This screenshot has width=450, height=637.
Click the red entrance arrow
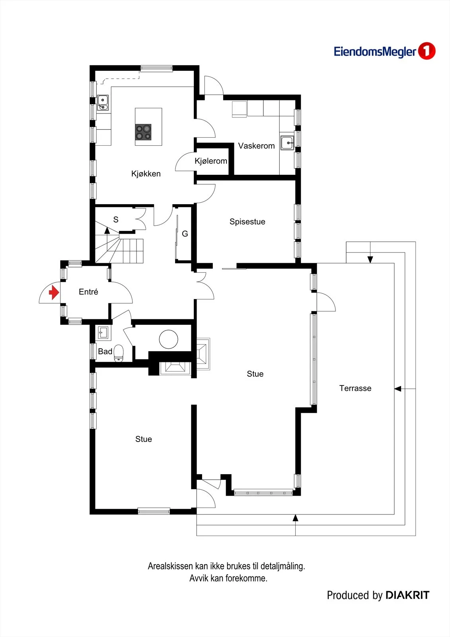click(x=54, y=293)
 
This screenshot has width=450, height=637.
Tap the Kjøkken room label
click(x=146, y=174)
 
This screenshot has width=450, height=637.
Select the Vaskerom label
click(x=256, y=146)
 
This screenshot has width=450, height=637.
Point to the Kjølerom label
click(x=211, y=161)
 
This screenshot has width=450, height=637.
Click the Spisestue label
click(x=247, y=222)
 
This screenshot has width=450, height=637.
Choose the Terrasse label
click(x=355, y=388)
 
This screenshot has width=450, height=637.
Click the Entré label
click(x=88, y=292)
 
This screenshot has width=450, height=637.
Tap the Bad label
click(x=105, y=352)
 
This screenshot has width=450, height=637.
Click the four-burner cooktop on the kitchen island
click(x=143, y=132)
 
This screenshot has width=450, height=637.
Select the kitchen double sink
click(x=103, y=103)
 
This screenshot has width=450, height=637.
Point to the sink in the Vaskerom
click(x=287, y=143)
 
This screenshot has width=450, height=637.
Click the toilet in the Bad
click(x=119, y=354)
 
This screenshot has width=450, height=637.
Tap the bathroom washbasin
click(x=103, y=332)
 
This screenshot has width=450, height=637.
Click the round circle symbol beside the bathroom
click(x=169, y=339)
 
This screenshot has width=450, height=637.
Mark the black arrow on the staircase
click(x=107, y=231)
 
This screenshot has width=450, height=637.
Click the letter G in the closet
click(x=185, y=234)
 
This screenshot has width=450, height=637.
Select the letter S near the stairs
click(x=116, y=219)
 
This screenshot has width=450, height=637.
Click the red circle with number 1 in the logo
click(x=427, y=51)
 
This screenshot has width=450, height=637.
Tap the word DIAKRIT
click(x=407, y=595)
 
